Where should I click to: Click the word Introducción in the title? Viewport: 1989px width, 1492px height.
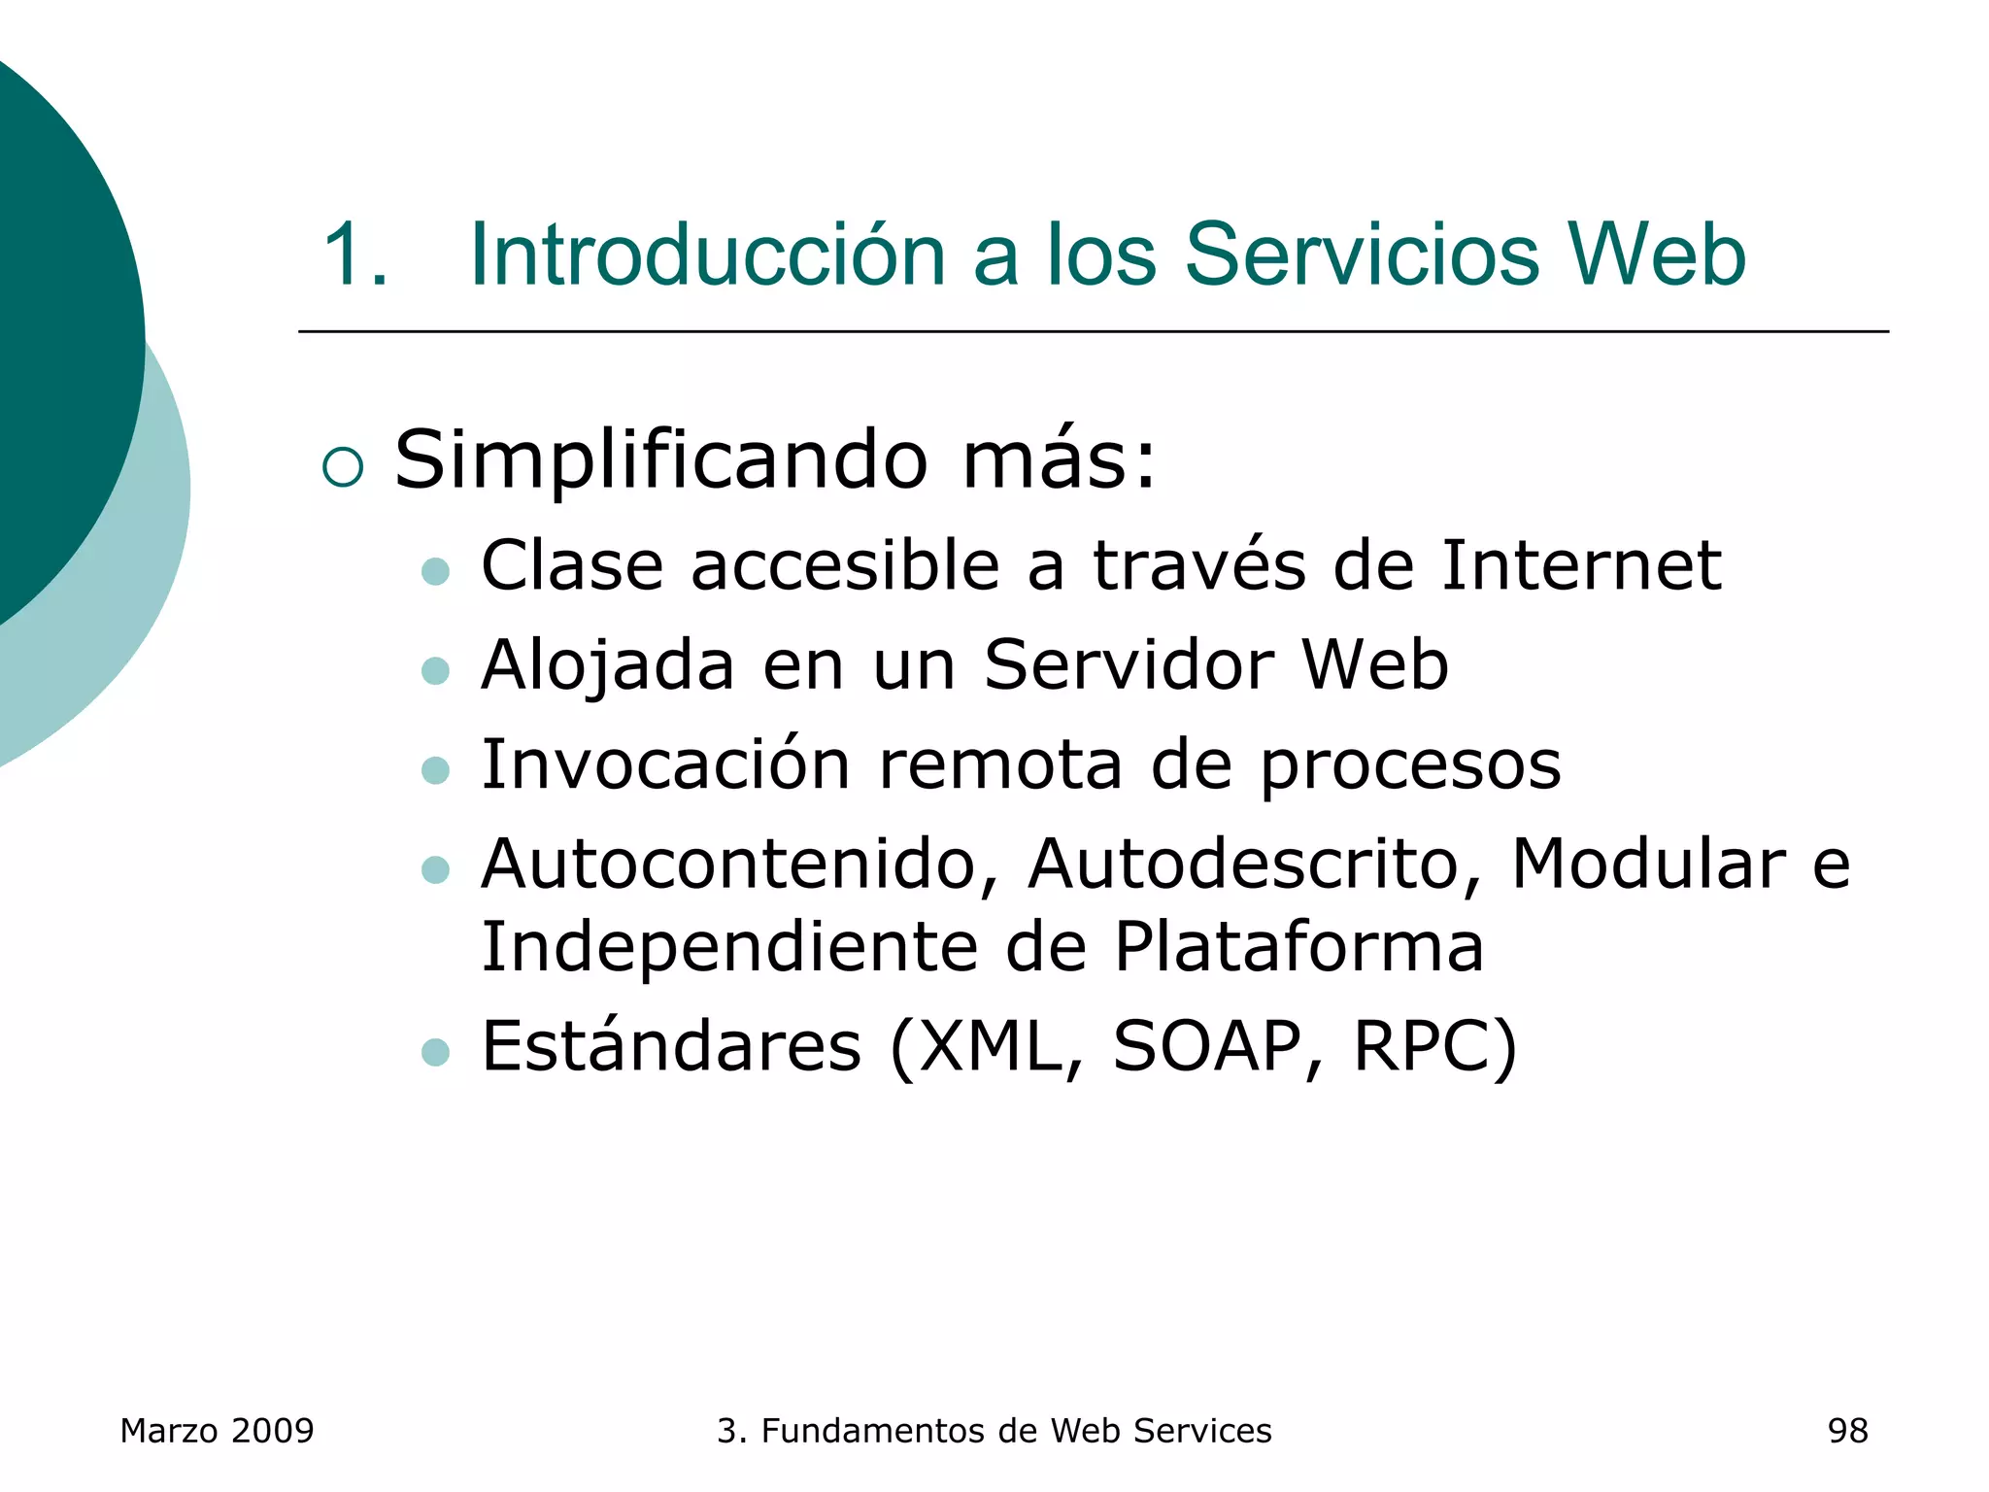[x=707, y=254]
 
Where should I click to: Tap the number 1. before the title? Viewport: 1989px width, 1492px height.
[x=355, y=254]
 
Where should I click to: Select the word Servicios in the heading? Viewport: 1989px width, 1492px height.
[x=1362, y=254]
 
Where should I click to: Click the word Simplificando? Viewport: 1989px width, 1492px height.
[x=660, y=461]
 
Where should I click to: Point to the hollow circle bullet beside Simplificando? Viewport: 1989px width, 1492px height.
[x=343, y=467]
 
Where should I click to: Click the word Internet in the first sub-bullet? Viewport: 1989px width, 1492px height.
[x=1581, y=565]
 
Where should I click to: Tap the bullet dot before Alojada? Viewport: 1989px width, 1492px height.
[x=436, y=670]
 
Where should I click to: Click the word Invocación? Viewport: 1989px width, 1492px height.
[x=666, y=764]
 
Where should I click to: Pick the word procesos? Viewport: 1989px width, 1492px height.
[x=1410, y=767]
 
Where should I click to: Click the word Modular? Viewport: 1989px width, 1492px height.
[x=1647, y=864]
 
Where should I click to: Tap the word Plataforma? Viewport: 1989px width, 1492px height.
[x=1298, y=947]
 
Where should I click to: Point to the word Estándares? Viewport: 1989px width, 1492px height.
[x=671, y=1046]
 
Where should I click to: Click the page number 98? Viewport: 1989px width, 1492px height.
[x=1847, y=1431]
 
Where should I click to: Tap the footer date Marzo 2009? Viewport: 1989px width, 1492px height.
[x=217, y=1431]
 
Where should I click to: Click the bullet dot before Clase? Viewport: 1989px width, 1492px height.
[x=436, y=570]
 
